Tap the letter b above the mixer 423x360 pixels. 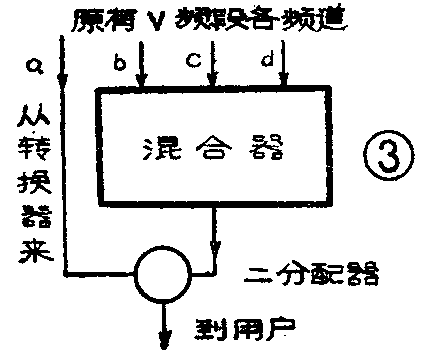pos(118,65)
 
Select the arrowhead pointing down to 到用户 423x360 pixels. pos(163,344)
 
